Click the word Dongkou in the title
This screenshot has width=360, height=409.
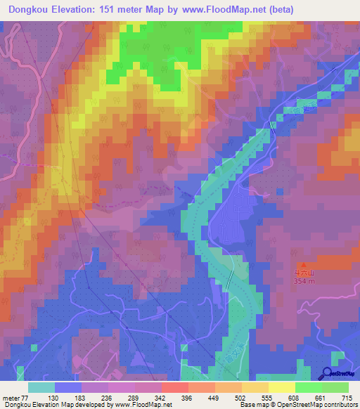tap(28, 10)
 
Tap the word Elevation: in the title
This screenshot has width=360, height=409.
tap(79, 10)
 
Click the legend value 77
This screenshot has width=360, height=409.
tap(27, 398)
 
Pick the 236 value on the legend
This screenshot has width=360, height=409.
tap(107, 398)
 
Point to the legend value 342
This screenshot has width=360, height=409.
tap(160, 398)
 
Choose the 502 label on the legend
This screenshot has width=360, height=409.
tap(240, 398)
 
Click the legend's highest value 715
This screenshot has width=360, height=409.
tap(347, 398)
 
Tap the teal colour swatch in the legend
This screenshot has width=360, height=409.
tap(41, 387)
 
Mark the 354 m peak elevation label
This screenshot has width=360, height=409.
tap(304, 282)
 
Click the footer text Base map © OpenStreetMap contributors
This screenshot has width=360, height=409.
tap(300, 405)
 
